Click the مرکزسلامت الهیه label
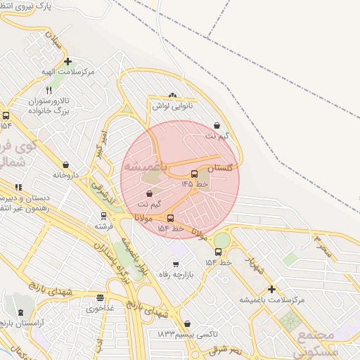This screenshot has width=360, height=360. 67,72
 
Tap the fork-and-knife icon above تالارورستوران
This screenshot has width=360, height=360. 49,91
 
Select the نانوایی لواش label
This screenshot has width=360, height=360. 172,106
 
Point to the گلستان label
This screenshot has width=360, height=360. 220,168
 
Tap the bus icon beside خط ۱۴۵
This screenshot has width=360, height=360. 195,174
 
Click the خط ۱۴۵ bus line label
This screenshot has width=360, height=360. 195,184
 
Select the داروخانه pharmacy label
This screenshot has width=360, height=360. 65,174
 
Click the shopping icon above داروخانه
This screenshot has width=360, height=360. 65,165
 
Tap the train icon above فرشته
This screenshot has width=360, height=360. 103,216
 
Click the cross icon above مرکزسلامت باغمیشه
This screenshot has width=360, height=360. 271,289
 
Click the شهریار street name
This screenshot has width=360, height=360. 253,266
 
